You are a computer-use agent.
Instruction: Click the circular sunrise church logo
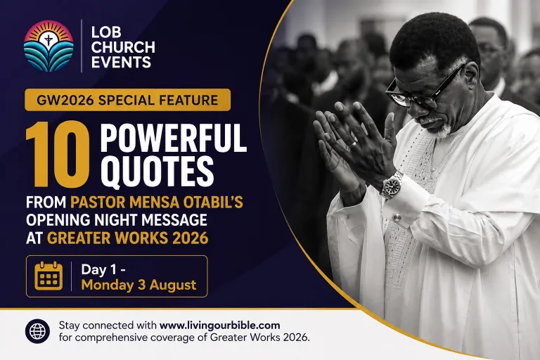pyautogui.click(x=49, y=46)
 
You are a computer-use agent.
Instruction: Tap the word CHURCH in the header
pyautogui.click(x=123, y=47)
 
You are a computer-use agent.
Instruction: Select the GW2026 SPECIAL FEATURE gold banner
pyautogui.click(x=127, y=100)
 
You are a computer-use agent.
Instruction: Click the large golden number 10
pyautogui.click(x=58, y=154)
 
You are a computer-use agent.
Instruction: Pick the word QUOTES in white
pyautogui.click(x=157, y=172)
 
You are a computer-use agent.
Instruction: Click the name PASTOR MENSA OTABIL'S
pyautogui.click(x=157, y=202)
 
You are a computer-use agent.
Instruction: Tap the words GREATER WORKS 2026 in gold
pyautogui.click(x=128, y=238)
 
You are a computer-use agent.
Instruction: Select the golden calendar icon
pyautogui.click(x=49, y=276)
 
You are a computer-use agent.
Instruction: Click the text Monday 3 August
pyautogui.click(x=139, y=285)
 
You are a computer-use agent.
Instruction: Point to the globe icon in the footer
pyautogui.click(x=37, y=331)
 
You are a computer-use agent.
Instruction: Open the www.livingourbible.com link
pyautogui.click(x=219, y=326)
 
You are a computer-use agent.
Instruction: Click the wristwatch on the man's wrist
pyautogui.click(x=392, y=184)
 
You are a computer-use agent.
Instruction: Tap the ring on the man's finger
pyautogui.click(x=353, y=143)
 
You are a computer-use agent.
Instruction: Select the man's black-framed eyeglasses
pyautogui.click(x=424, y=89)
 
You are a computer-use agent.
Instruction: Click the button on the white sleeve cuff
pyautogui.click(x=397, y=217)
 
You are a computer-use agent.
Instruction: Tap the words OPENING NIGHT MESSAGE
pyautogui.click(x=117, y=220)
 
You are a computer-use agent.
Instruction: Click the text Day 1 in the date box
pyautogui.click(x=99, y=269)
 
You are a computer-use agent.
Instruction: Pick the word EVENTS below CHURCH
pyautogui.click(x=121, y=63)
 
